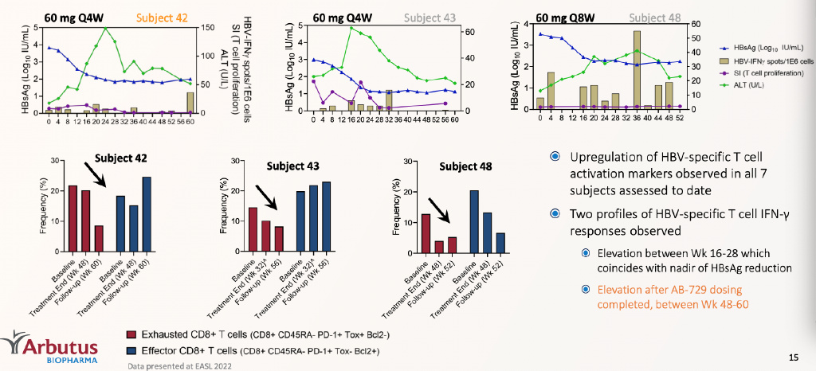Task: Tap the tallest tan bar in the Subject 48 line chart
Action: [x=637, y=69]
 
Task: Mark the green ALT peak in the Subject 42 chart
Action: [x=105, y=29]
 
